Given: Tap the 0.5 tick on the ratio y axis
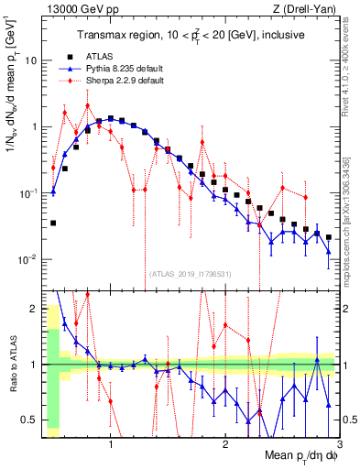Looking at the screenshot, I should pos(33,420).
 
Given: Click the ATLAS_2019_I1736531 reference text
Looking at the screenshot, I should pos(189,273).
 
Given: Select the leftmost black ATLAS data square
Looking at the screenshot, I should pos(53,223).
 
